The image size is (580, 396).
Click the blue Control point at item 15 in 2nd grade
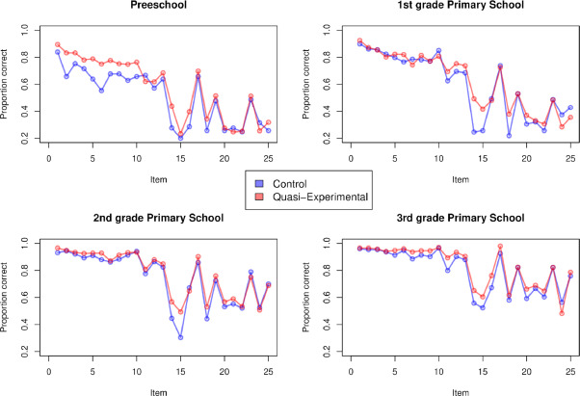(x=180, y=337)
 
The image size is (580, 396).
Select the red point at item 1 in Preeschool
(x=58, y=44)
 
